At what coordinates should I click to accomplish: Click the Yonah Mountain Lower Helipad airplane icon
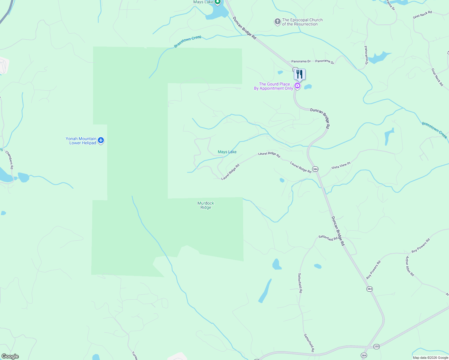(x=101, y=140)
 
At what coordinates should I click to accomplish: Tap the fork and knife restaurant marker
(x=300, y=74)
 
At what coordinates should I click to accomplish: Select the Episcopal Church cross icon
(x=277, y=22)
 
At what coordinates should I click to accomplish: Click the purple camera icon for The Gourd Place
(x=297, y=86)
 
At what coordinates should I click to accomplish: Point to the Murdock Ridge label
(x=206, y=205)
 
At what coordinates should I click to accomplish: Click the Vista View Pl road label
(x=341, y=166)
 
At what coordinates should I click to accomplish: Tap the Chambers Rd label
(x=9, y=160)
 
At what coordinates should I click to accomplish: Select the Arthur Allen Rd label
(x=410, y=266)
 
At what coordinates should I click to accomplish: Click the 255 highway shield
(x=376, y=346)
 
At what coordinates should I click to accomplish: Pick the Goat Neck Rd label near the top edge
(x=422, y=15)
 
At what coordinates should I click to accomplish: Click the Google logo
(x=10, y=356)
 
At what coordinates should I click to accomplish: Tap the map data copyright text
(x=430, y=358)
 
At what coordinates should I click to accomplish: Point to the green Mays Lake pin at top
(x=218, y=2)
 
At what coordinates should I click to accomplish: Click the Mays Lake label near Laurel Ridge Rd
(x=227, y=152)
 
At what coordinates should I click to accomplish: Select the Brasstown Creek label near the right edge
(x=434, y=130)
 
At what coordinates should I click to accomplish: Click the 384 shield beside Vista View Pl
(x=315, y=169)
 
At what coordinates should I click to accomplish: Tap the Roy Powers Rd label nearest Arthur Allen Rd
(x=420, y=245)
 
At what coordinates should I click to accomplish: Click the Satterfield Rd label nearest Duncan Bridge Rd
(x=328, y=238)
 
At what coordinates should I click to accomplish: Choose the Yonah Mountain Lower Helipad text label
(x=81, y=141)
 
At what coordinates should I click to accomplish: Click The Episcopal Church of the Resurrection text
(x=302, y=22)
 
